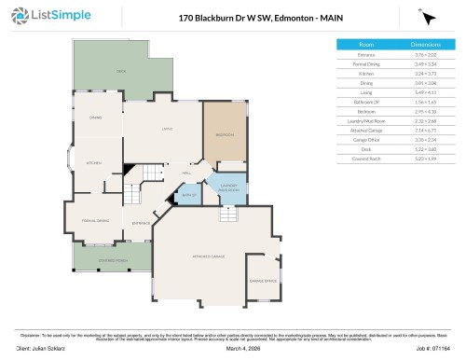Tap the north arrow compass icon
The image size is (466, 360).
point(429,17)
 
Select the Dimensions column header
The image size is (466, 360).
point(426,44)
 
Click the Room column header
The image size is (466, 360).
point(366,44)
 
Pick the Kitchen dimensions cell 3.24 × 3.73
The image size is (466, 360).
point(426,72)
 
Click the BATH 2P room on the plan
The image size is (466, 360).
point(188,195)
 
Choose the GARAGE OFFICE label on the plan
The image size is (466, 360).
point(262,280)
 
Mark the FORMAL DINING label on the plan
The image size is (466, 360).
point(96,220)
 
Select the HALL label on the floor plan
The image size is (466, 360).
point(186,173)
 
